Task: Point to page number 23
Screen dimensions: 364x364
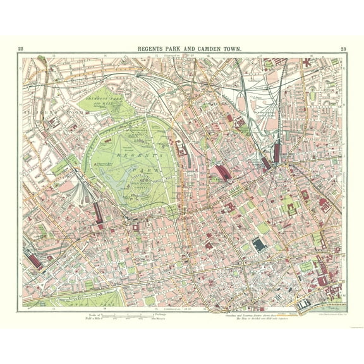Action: tap(343, 49)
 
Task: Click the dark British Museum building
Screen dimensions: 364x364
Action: tap(258, 245)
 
